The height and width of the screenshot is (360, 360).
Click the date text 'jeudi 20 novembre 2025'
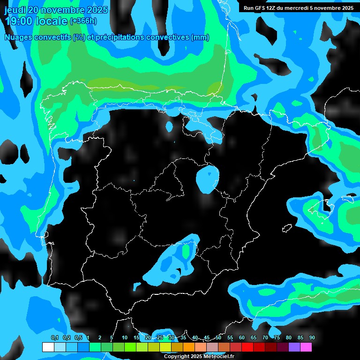point(56,10)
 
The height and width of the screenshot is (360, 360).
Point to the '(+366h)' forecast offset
point(83,21)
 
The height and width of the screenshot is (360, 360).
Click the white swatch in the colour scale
point(48,347)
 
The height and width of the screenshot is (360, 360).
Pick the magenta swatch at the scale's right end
point(306,347)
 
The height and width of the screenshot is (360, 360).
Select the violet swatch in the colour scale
point(294,347)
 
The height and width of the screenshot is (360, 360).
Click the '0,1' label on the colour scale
point(54,338)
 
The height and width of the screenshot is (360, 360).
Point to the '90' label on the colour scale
point(312,338)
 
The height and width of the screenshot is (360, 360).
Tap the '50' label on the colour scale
point(218,338)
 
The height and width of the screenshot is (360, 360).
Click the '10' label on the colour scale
point(125,338)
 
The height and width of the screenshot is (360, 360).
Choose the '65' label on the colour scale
point(254,338)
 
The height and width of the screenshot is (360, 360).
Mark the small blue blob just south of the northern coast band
point(170,126)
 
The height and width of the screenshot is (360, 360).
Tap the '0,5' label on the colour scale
point(78,338)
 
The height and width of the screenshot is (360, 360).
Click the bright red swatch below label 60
point(247,347)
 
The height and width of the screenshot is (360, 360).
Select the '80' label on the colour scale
point(289,338)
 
